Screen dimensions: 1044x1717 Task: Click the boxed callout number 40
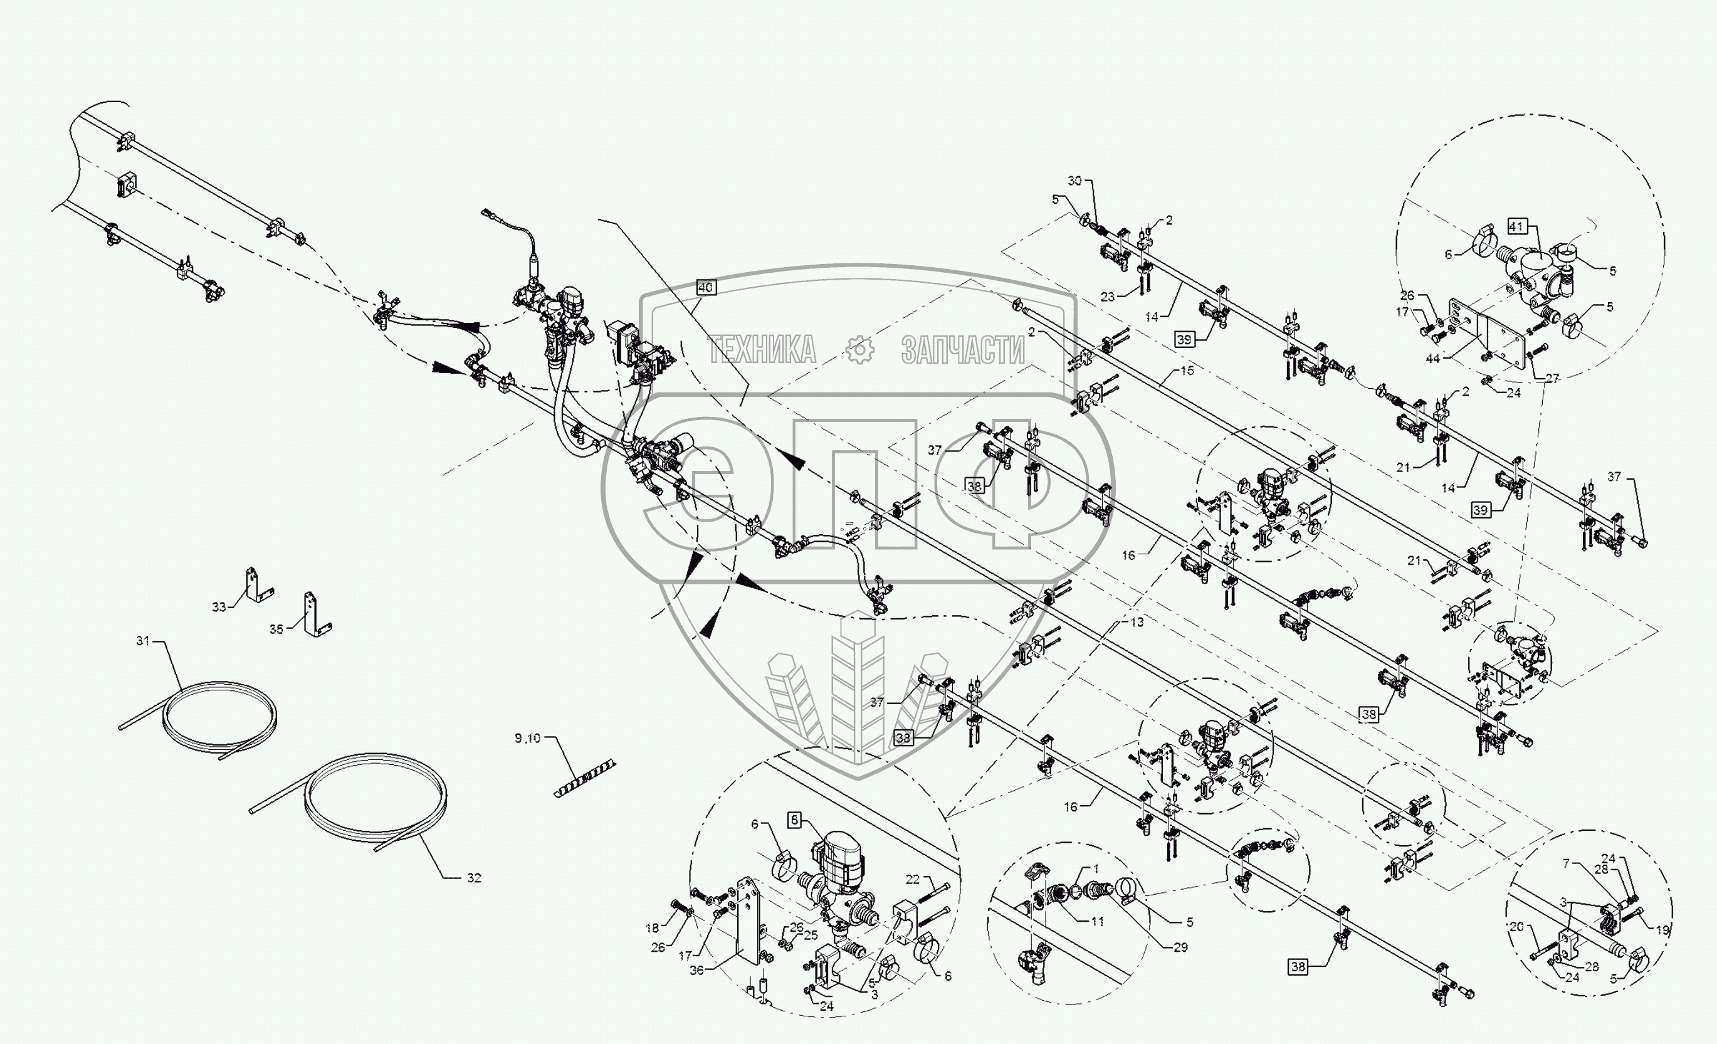pyautogui.click(x=705, y=287)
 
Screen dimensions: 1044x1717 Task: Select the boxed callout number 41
pyautogui.click(x=1516, y=226)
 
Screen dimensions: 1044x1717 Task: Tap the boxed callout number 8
pyautogui.click(x=794, y=820)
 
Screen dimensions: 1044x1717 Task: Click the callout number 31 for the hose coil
pyautogui.click(x=143, y=640)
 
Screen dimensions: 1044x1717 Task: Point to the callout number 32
pyautogui.click(x=474, y=878)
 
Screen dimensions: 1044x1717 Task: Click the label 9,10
pyautogui.click(x=527, y=738)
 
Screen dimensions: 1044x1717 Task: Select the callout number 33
pyautogui.click(x=219, y=607)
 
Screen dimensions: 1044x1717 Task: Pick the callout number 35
pyautogui.click(x=276, y=630)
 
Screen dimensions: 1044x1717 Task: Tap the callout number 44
pyautogui.click(x=1432, y=358)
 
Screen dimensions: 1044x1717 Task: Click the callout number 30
pyautogui.click(x=1074, y=181)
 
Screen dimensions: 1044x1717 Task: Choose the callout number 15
pyautogui.click(x=1187, y=371)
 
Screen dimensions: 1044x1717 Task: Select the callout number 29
pyautogui.click(x=1180, y=947)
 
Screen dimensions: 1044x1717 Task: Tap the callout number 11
pyautogui.click(x=1098, y=921)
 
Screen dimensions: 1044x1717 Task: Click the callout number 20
pyautogui.click(x=1517, y=927)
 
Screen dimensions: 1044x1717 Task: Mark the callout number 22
pyautogui.click(x=913, y=880)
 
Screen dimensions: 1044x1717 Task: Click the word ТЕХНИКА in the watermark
pyautogui.click(x=762, y=349)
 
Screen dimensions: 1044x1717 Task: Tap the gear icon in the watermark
pyautogui.click(x=860, y=349)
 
